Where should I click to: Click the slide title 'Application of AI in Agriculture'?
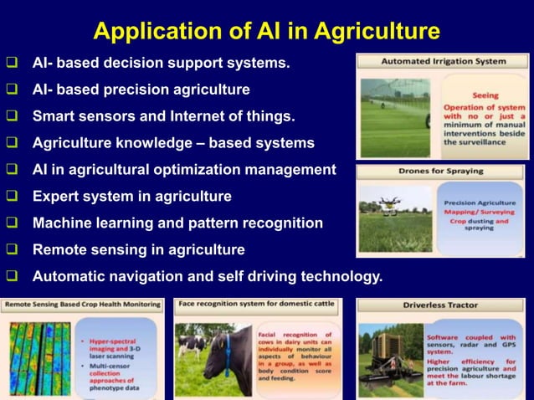(x=266, y=31)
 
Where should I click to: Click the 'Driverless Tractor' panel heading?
(x=440, y=305)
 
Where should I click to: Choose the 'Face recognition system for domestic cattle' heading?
(x=258, y=304)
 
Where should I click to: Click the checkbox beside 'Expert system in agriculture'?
(x=13, y=197)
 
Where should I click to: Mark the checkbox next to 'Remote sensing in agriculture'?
(x=13, y=249)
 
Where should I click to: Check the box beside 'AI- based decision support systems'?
(x=13, y=63)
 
